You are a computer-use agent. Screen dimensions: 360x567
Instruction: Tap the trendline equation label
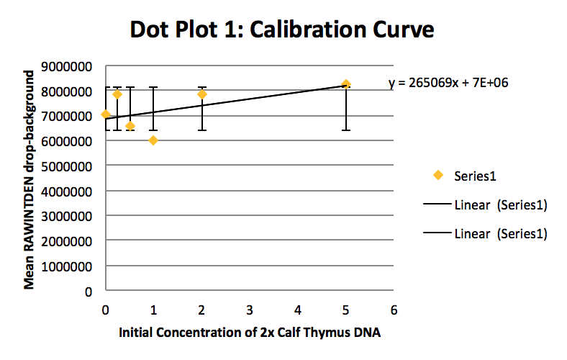(x=448, y=83)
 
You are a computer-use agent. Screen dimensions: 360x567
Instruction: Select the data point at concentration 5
(x=346, y=84)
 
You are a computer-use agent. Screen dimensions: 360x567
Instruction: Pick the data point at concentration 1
(x=153, y=140)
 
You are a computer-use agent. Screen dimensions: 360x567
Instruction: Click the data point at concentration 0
(x=106, y=114)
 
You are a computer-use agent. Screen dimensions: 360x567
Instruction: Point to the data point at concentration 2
(x=202, y=94)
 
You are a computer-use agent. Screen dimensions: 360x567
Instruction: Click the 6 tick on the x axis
(x=393, y=309)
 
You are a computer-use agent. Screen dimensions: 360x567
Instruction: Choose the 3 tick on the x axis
(x=250, y=309)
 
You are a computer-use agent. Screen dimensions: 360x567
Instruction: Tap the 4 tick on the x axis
(x=298, y=309)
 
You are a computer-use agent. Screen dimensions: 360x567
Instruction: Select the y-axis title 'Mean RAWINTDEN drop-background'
(x=30, y=180)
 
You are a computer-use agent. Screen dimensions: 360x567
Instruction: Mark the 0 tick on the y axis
(x=90, y=292)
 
